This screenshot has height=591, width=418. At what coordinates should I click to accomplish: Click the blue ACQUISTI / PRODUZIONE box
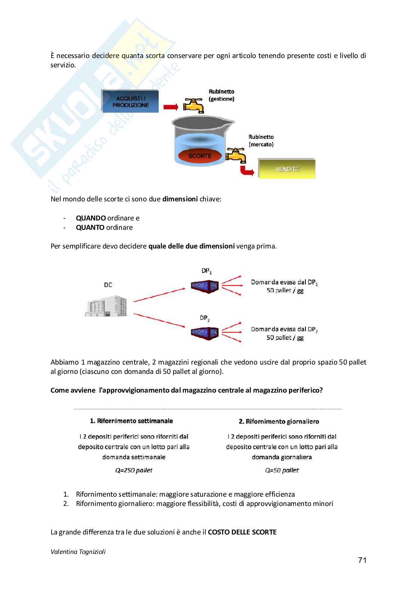pos(130,101)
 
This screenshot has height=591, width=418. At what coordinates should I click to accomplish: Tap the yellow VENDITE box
pos(287,169)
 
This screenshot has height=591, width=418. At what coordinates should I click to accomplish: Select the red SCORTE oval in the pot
pos(200,156)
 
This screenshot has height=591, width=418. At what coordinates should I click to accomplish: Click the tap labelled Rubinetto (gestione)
pos(193,106)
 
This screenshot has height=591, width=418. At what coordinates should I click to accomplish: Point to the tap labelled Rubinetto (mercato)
pos(236,155)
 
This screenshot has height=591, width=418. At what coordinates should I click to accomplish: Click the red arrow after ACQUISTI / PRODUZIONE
pos(171,107)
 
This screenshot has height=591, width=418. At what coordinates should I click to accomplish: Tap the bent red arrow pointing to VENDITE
pos(247,171)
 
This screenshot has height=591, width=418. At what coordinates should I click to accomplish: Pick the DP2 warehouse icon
pos(205,333)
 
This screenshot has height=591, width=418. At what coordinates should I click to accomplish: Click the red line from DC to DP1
pos(159,295)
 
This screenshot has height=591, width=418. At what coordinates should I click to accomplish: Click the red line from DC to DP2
pos(159,320)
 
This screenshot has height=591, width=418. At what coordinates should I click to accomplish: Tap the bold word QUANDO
pos(91,218)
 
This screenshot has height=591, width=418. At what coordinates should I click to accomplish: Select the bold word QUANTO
pos(90,228)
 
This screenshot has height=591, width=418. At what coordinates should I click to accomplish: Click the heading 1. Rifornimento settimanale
pos(132,421)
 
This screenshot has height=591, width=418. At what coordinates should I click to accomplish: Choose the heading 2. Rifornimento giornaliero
pos(279,421)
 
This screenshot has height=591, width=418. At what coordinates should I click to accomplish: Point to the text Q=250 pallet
pos(134,470)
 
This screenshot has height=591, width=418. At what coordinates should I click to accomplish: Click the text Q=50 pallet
pos(282,470)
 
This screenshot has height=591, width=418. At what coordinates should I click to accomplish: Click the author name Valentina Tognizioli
pos(78,552)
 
